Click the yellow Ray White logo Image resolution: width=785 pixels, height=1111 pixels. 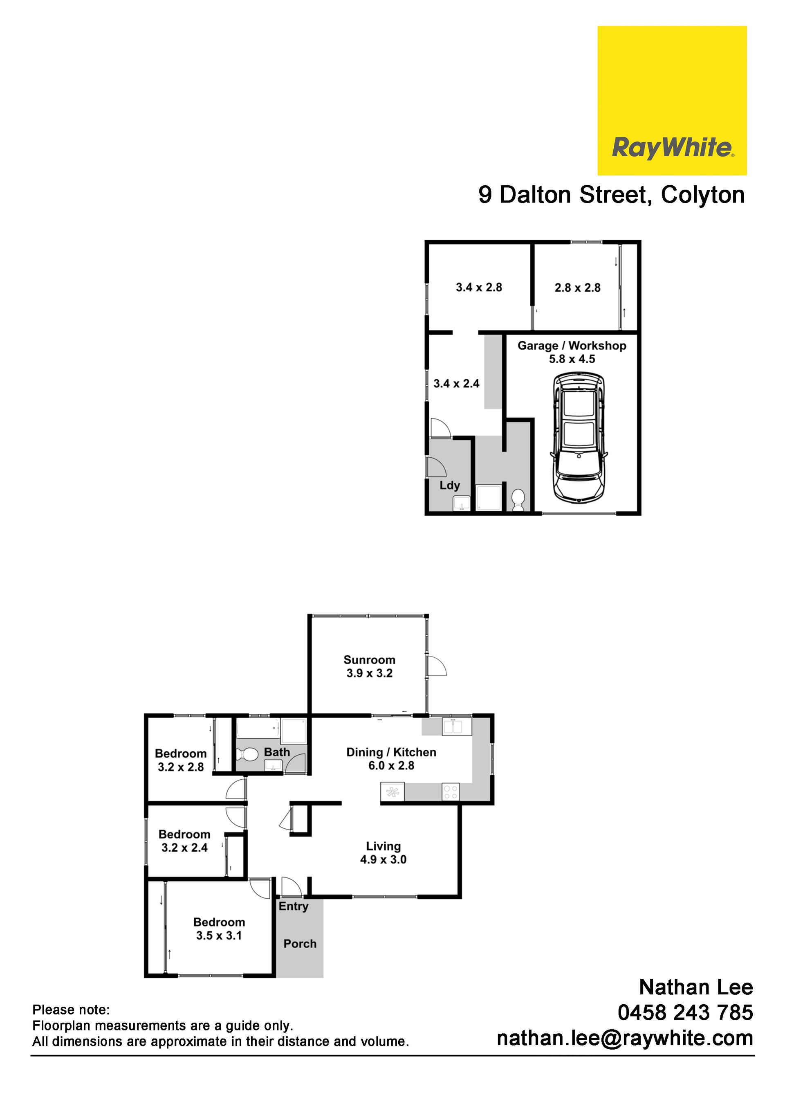[672, 101]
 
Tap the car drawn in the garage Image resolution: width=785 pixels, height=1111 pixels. [579, 437]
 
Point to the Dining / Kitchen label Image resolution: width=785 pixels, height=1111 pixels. [391, 752]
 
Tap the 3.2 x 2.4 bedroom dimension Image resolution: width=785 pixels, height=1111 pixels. [184, 847]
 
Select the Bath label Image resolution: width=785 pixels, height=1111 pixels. [277, 752]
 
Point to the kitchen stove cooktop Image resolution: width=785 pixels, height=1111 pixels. [451, 792]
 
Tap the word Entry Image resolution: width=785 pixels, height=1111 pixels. [294, 906]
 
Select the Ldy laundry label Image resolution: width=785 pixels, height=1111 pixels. [450, 485]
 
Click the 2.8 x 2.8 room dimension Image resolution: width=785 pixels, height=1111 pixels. [577, 288]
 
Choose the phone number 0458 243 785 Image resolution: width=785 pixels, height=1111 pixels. [685, 1012]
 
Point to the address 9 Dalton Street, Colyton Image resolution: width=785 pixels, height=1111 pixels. [611, 195]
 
